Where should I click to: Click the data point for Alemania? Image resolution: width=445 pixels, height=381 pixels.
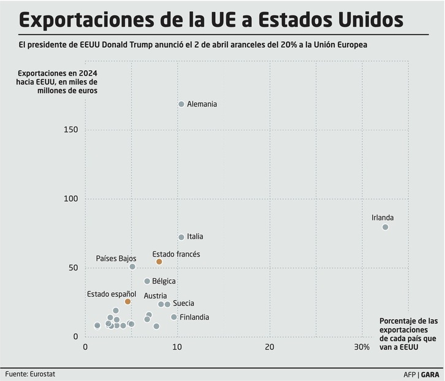click(x=181, y=104)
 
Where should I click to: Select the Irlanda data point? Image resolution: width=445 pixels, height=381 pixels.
click(x=386, y=227)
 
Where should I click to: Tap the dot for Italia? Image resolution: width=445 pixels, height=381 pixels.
click(x=181, y=237)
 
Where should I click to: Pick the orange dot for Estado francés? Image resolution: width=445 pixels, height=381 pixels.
click(x=159, y=262)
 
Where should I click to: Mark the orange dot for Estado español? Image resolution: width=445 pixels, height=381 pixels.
click(x=127, y=302)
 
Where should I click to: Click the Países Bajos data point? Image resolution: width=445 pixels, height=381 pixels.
click(x=132, y=267)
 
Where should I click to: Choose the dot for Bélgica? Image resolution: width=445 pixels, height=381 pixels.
click(x=147, y=282)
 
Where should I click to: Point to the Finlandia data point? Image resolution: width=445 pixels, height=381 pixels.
click(x=174, y=317)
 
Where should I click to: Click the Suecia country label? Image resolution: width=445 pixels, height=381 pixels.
click(x=184, y=303)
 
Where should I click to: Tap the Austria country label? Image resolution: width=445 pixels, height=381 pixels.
click(x=155, y=296)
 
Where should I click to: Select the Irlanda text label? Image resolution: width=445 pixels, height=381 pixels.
click(x=382, y=218)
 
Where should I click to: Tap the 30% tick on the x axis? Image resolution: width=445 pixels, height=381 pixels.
click(x=362, y=347)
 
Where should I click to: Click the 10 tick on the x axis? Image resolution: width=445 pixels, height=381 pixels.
click(x=177, y=347)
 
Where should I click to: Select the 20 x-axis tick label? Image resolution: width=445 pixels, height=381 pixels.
click(x=270, y=347)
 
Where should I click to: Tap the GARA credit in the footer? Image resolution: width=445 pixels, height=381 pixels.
click(x=430, y=374)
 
